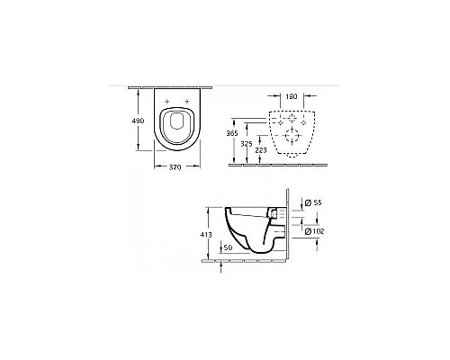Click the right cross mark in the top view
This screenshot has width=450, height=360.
tap(190, 99)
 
